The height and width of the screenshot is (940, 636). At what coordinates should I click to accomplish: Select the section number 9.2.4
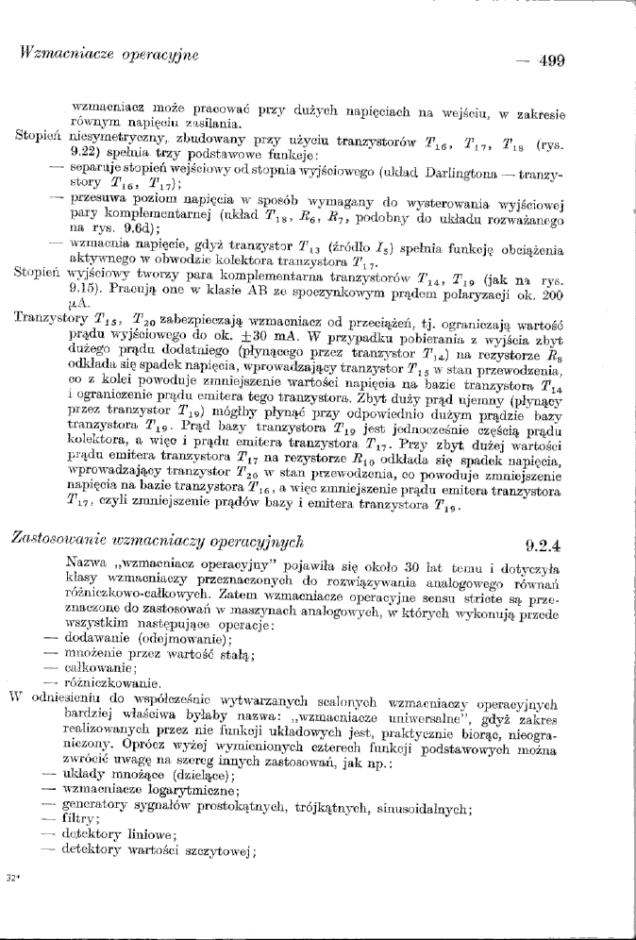[544, 544]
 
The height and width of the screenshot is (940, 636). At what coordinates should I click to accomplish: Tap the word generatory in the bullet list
[92, 804]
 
